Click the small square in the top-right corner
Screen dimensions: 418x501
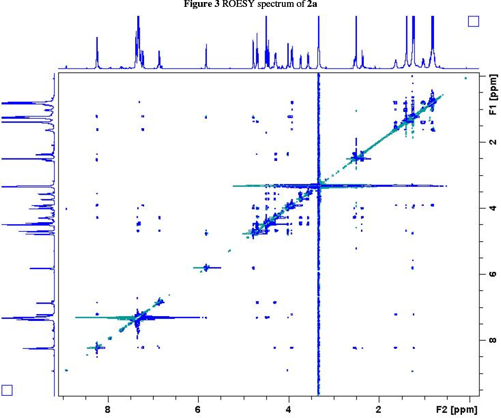click(473, 21)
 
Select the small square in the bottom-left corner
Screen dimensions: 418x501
click(7, 389)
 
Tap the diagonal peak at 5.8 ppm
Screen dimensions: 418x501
click(206, 268)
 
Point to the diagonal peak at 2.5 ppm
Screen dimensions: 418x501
click(356, 158)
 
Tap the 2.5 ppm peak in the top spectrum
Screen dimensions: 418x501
click(356, 42)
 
